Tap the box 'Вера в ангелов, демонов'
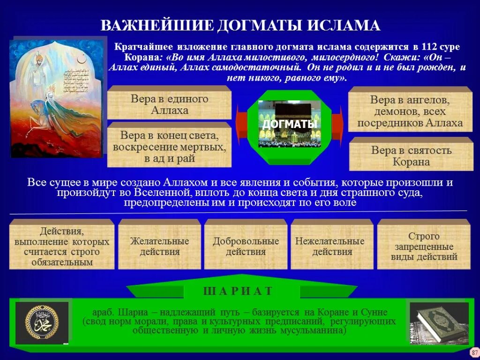pos(410,112)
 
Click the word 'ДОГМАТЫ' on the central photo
pos(289,124)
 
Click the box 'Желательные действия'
pos(159,246)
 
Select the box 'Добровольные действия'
pos(246,246)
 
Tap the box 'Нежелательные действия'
pos(332,246)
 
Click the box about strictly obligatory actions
pos(62,246)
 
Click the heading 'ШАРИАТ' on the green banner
pos(238,291)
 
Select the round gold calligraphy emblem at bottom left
pos(42,323)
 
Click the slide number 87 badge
pos(474,352)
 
